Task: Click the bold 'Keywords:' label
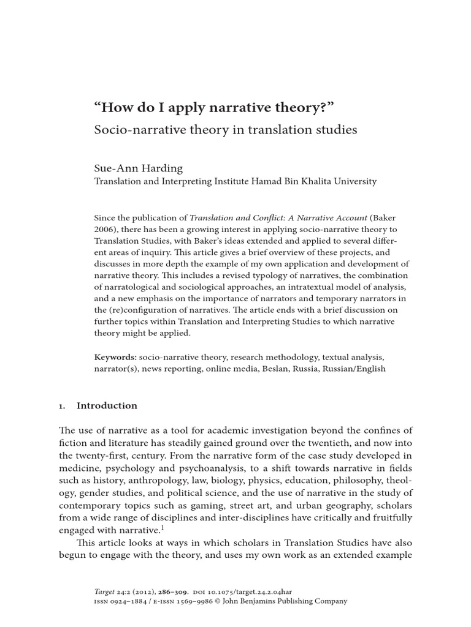pyautogui.click(x=115, y=357)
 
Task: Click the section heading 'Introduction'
pyautogui.click(x=107, y=406)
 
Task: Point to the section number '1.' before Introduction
pyautogui.click(x=62, y=406)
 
